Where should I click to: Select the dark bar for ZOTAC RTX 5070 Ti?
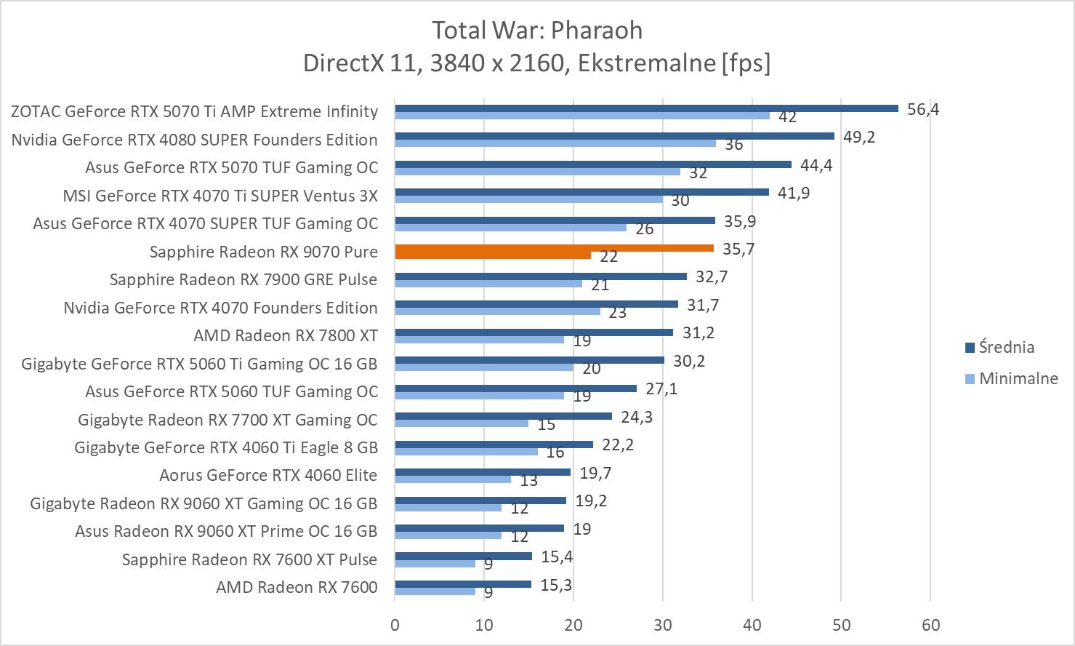(x=646, y=108)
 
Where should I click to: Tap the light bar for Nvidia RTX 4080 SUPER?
(x=555, y=143)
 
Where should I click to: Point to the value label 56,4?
(x=923, y=109)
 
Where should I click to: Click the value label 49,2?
(x=859, y=137)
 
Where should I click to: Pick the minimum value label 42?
(x=787, y=116)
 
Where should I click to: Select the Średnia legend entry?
(x=1006, y=347)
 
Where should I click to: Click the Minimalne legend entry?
(x=1018, y=378)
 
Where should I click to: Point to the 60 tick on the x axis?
(x=930, y=624)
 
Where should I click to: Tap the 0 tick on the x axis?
(x=395, y=624)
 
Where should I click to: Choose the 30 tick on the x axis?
(x=663, y=624)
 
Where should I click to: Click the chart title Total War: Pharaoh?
(x=537, y=31)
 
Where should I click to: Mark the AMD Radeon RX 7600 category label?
(x=297, y=587)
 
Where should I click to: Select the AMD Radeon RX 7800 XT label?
(x=285, y=335)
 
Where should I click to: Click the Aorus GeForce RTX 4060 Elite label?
(x=268, y=475)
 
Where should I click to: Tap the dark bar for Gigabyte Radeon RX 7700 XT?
(x=503, y=416)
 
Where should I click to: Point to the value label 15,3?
(x=556, y=585)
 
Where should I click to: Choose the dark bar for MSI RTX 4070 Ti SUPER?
(x=581, y=192)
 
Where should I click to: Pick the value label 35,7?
(x=738, y=249)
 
